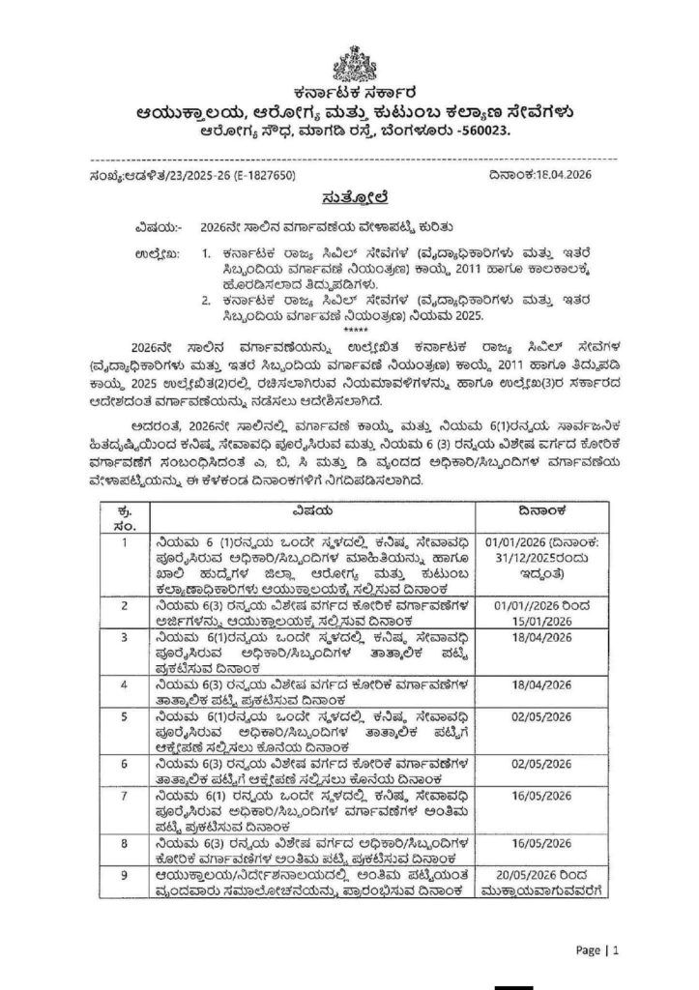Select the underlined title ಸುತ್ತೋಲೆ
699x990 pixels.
click(x=349, y=198)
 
